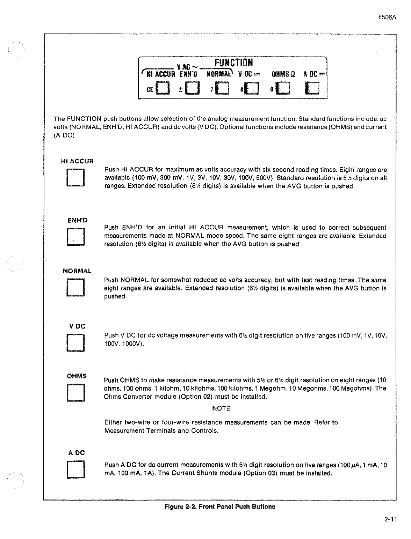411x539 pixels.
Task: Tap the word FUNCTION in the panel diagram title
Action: coord(233,63)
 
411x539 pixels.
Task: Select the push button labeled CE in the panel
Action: coord(162,89)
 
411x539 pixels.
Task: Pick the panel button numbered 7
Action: coord(222,89)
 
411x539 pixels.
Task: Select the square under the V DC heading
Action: coord(75,342)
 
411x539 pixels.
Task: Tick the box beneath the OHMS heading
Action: coord(75,393)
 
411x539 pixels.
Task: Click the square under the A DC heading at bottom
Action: coord(75,470)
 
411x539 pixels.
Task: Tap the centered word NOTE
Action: coord(221,408)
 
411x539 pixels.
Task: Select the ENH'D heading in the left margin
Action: coord(77,221)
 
